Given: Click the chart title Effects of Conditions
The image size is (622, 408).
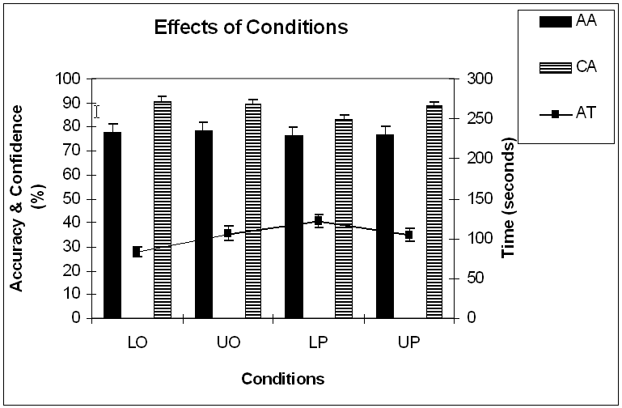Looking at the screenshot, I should pyautogui.click(x=251, y=28).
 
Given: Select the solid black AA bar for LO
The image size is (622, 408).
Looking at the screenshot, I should pyautogui.click(x=112, y=224).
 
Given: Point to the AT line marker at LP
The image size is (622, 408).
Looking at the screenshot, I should pyautogui.click(x=319, y=220).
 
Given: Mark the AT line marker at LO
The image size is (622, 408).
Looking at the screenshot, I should pyautogui.click(x=137, y=252).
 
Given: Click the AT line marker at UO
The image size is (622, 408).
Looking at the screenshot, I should pyautogui.click(x=228, y=233).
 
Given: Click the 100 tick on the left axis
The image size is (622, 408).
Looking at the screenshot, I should pyautogui.click(x=71, y=79).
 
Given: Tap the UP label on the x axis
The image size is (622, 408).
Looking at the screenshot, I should pyautogui.click(x=409, y=342).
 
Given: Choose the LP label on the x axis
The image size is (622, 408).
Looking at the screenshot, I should pyautogui.click(x=319, y=342).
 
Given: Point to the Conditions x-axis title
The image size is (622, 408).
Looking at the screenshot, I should pyautogui.click(x=282, y=379).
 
